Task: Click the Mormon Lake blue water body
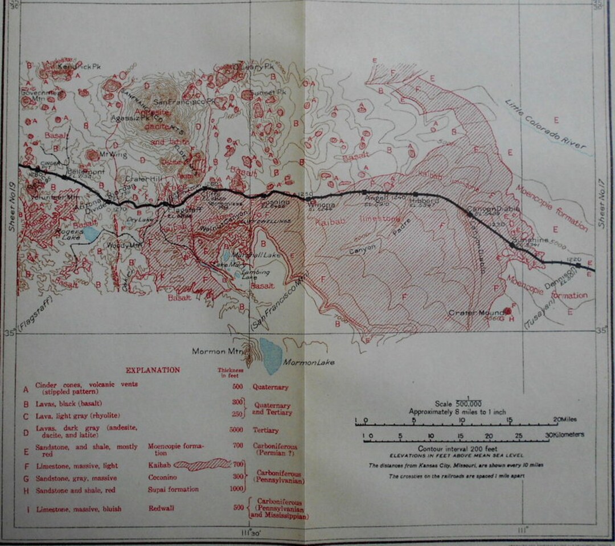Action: coord(270,354)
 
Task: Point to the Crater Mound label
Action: coord(476,313)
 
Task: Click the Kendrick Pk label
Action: coord(76,67)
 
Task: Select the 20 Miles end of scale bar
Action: coord(567,420)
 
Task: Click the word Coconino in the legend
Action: coord(164,478)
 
